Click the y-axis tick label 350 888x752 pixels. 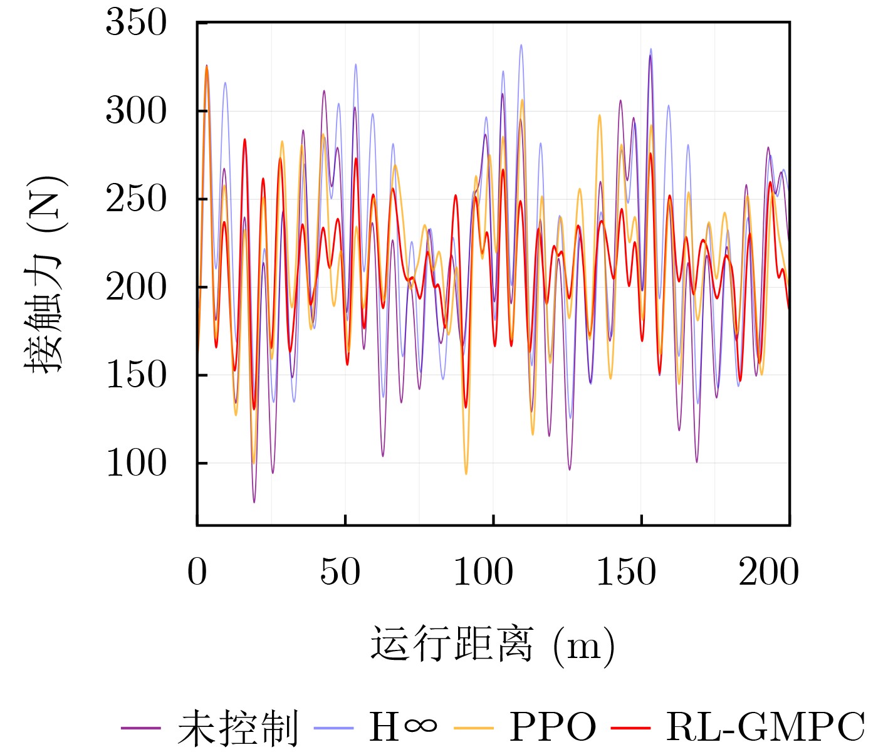tap(136, 23)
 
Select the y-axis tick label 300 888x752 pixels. tap(136, 112)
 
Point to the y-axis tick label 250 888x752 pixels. tap(136, 199)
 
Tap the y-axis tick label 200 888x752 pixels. tap(136, 288)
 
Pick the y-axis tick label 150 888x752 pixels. tap(136, 375)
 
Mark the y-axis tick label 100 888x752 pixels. tap(136, 464)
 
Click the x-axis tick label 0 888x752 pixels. tap(197, 572)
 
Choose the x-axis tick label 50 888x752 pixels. tap(340, 572)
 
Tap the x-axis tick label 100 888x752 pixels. tap(483, 572)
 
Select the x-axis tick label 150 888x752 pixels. tap(626, 572)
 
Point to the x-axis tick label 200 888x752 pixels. tap(769, 572)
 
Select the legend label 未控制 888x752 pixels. tap(238, 728)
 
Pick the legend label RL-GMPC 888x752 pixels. tap(765, 728)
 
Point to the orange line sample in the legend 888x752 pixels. tap(474, 728)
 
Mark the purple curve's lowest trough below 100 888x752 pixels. tap(254, 501)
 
